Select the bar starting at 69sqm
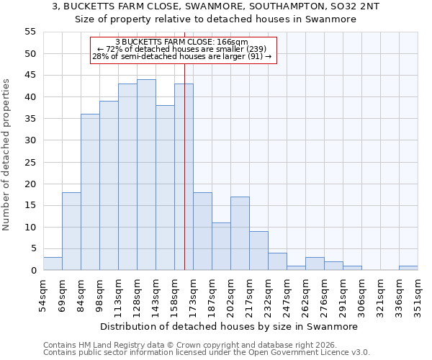click(x=71, y=231)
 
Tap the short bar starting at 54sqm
click(x=53, y=264)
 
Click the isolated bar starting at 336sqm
click(x=408, y=268)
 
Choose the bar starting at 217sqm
click(x=258, y=251)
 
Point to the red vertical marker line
click(x=184, y=180)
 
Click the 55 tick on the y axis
click(x=30, y=32)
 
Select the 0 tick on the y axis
click(x=33, y=271)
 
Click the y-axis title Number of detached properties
click(x=7, y=155)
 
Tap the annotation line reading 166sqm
click(x=182, y=42)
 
